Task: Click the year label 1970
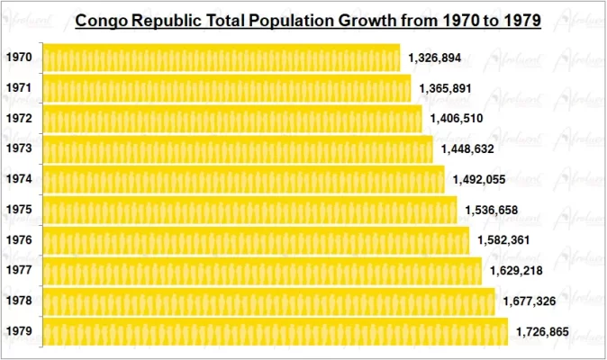pos(19,58)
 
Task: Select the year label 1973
pos(19,148)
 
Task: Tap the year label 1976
pos(19,240)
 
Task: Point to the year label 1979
pos(19,332)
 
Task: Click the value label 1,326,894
pos(435,58)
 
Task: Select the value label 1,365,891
pos(446,88)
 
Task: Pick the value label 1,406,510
pos(458,118)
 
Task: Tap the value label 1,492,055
pos(479,179)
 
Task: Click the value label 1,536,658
pos(492,210)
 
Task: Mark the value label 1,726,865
pos(542,332)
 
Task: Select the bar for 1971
pos(226,88)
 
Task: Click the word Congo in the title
pos(103,21)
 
